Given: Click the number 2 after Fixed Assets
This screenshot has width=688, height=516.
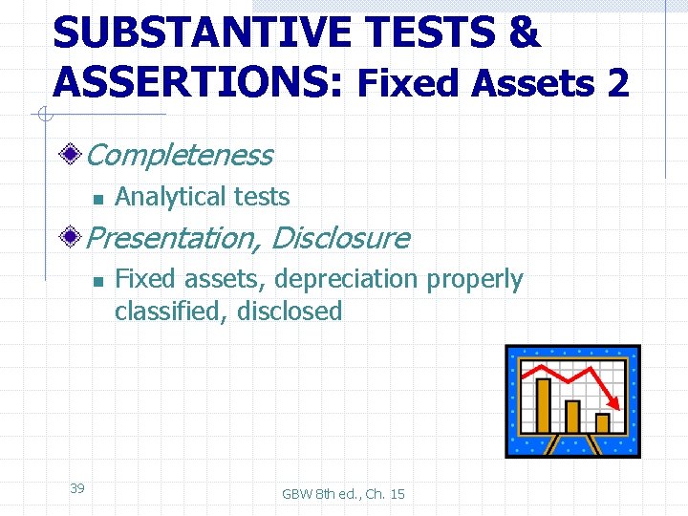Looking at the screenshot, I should tap(617, 84).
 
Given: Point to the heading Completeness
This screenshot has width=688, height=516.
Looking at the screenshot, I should tap(180, 155).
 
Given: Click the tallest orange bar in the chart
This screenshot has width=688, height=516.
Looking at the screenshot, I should tap(544, 405).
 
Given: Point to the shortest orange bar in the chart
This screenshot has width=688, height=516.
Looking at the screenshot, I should tap(602, 422).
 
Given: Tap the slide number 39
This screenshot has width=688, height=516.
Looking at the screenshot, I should tap(77, 488).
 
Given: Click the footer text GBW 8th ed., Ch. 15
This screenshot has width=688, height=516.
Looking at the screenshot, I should tap(343, 494).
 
